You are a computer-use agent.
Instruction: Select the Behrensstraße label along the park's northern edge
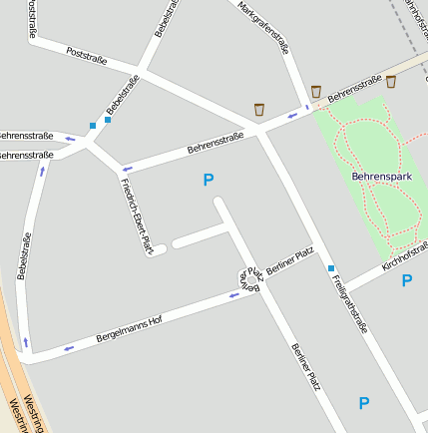356,91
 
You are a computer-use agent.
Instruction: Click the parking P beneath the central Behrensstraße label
209,180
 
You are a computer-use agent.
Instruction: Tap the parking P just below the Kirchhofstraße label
407,280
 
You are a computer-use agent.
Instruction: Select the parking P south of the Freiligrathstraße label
364,403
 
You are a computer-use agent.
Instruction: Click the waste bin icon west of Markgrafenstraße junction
259,108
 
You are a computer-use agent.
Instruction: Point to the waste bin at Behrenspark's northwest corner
316,92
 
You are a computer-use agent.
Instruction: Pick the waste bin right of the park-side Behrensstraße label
391,82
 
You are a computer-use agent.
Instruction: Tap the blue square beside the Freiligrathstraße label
331,268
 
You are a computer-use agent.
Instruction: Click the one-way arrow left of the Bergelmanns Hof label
68,348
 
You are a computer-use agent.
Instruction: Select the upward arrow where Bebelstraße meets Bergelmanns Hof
26,343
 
